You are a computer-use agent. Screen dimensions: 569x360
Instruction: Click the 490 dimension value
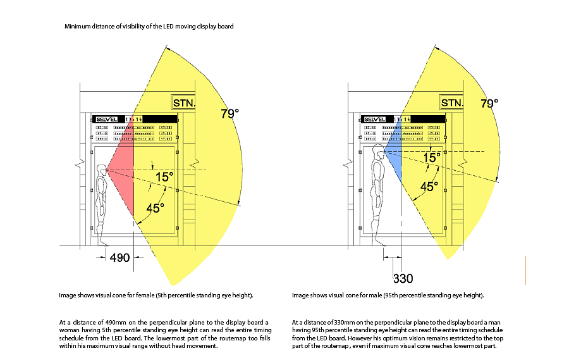[119, 258]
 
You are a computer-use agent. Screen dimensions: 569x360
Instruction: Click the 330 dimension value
[403, 278]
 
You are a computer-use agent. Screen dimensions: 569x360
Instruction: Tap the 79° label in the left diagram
[229, 114]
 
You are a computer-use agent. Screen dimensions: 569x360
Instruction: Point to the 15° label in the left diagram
[164, 177]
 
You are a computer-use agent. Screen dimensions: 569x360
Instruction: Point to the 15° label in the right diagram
[432, 157]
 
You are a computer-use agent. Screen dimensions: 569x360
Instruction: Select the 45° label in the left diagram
[156, 207]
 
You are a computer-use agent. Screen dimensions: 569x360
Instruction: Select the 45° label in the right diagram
[430, 187]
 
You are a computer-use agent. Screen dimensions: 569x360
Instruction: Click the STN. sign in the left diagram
[185, 102]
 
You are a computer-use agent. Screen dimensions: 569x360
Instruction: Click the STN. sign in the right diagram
[452, 102]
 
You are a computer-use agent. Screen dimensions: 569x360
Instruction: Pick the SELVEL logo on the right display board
[374, 118]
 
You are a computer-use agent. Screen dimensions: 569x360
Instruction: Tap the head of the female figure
[102, 170]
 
